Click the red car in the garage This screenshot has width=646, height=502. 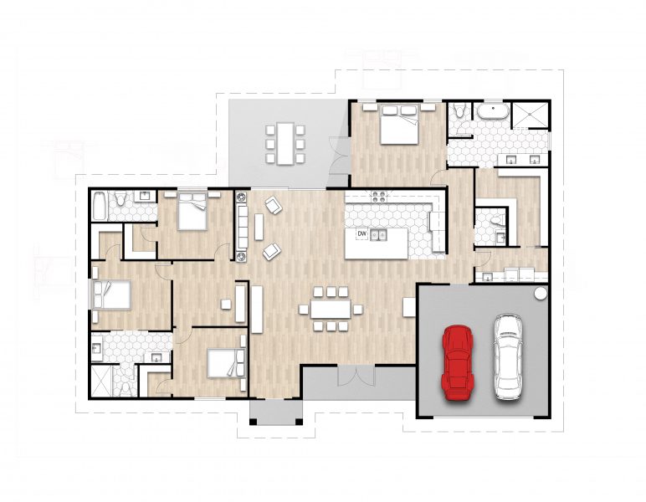tap(458, 359)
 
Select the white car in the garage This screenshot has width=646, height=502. tap(508, 356)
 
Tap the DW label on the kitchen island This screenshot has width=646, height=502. tap(362, 234)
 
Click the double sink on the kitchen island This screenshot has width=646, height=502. tap(378, 235)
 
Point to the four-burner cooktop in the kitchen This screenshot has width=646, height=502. tap(378, 198)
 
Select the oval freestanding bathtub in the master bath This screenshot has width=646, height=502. tap(495, 111)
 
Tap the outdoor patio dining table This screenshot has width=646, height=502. tap(285, 143)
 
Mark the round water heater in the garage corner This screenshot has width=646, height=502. tap(540, 294)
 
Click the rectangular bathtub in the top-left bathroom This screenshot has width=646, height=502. tap(100, 205)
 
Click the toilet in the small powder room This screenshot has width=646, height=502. tap(497, 219)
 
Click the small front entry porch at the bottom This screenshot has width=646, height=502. tap(276, 412)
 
